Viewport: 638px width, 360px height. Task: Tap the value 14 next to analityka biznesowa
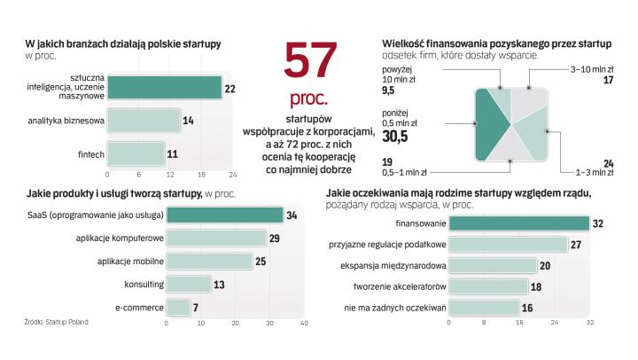tap(187, 120)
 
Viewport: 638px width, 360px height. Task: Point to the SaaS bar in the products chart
tap(224, 215)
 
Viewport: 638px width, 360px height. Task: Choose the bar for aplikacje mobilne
tap(209, 261)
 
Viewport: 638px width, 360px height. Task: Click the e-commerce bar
tap(177, 307)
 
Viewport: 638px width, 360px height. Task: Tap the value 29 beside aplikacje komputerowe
tap(275, 238)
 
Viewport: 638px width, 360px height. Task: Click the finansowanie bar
tap(518, 223)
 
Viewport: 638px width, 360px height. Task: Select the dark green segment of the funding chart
tap(490, 125)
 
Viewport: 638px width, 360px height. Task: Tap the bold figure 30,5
tap(395, 137)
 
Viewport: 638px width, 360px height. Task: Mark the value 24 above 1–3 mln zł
tap(608, 162)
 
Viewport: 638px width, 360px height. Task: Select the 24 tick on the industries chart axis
tap(232, 174)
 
